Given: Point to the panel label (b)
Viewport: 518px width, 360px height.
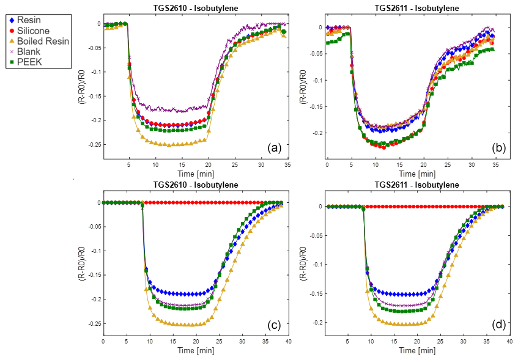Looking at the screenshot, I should pos(498,147).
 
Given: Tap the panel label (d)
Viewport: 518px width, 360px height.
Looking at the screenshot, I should pos(498,325).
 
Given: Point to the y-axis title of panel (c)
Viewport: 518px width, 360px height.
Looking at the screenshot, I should pos(81,268).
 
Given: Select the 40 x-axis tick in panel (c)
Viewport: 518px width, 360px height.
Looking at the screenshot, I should pos(287,341).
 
